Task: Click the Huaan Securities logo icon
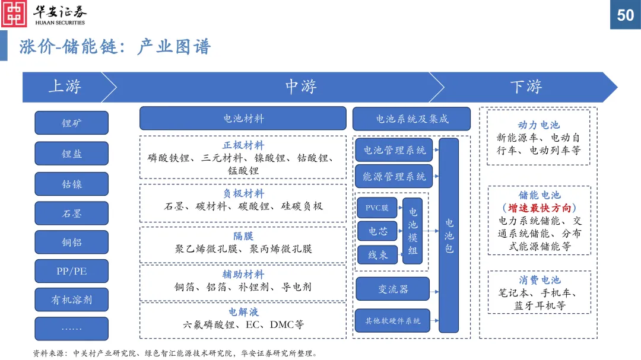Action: (x=14, y=14)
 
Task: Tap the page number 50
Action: (x=626, y=15)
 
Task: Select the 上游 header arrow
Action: (x=65, y=87)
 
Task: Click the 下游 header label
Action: (x=526, y=87)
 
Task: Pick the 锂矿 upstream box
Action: (x=72, y=123)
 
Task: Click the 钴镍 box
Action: (x=72, y=184)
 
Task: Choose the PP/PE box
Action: (x=72, y=271)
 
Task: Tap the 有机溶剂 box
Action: (x=72, y=300)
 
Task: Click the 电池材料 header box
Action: (x=243, y=118)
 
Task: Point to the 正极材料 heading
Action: (x=243, y=145)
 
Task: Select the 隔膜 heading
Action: (x=243, y=236)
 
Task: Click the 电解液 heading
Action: (x=243, y=312)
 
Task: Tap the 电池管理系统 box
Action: (x=395, y=150)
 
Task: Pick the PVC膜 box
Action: (x=377, y=208)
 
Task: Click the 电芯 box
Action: (x=377, y=231)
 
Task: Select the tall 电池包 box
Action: (x=449, y=235)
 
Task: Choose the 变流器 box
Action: (x=392, y=289)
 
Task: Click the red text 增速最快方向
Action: (x=539, y=208)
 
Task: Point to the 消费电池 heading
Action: (x=539, y=280)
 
